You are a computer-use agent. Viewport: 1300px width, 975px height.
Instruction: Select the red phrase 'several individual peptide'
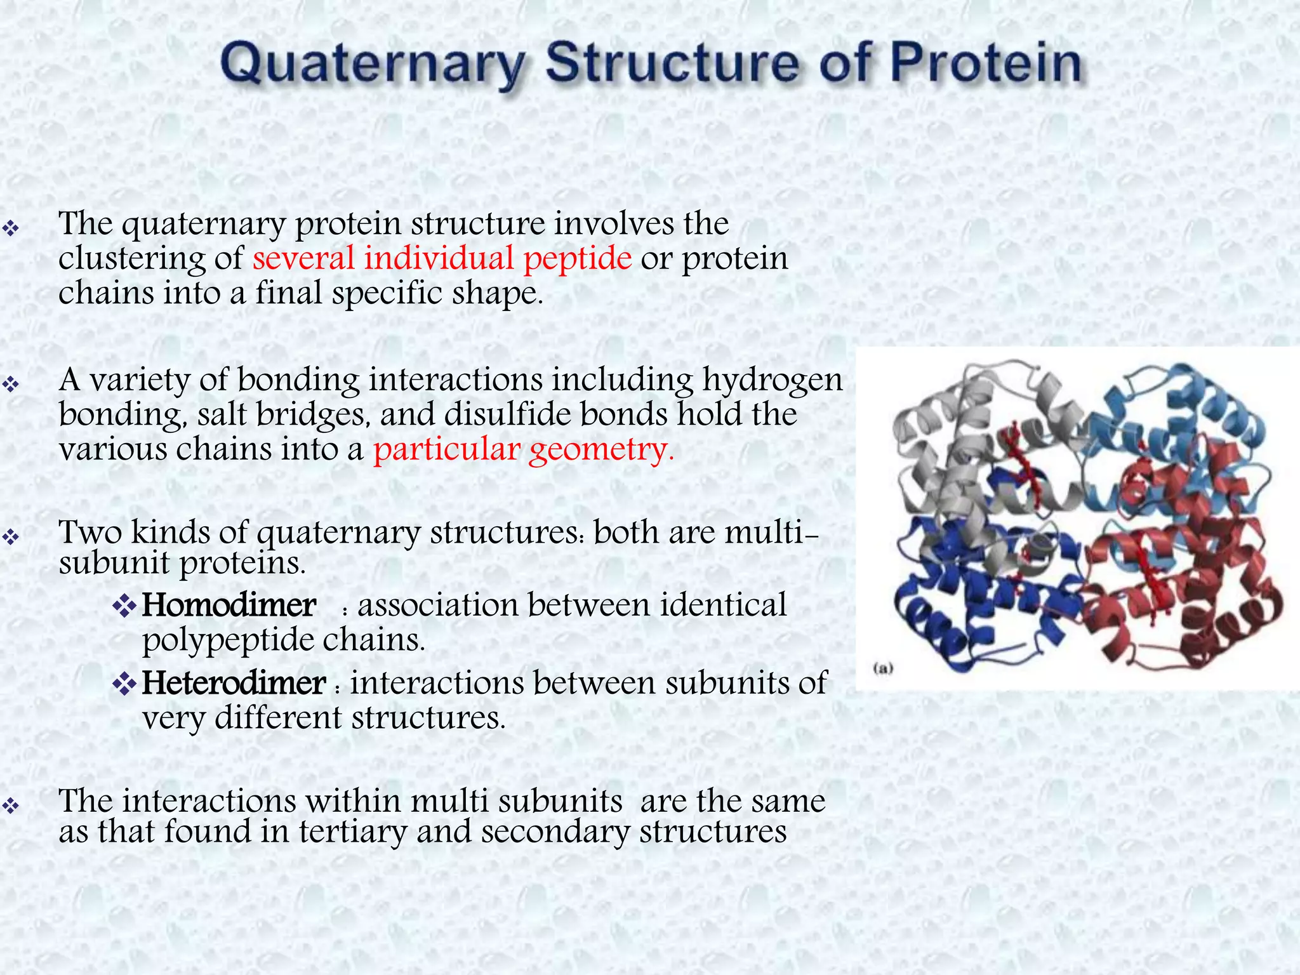click(442, 258)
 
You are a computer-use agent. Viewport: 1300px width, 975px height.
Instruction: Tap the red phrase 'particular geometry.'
click(523, 449)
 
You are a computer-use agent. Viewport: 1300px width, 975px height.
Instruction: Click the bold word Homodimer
click(229, 605)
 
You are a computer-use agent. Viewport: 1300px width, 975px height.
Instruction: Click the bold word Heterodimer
click(233, 684)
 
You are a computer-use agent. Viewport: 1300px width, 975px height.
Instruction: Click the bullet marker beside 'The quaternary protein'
click(11, 228)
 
